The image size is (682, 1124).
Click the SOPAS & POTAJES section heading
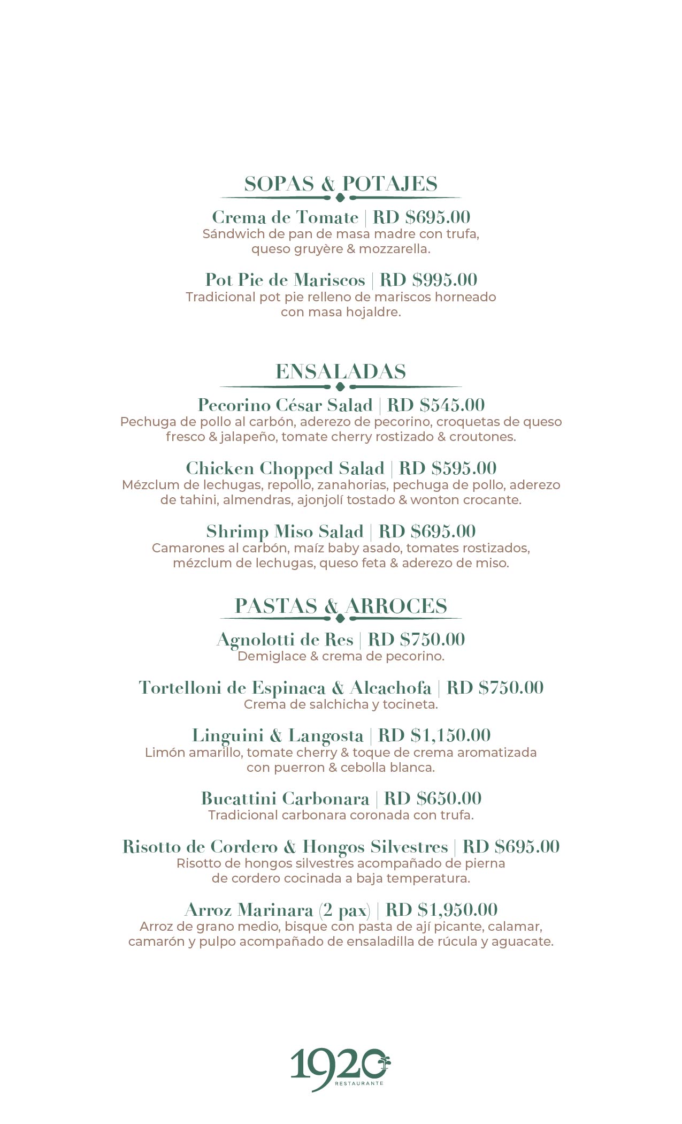[x=341, y=184]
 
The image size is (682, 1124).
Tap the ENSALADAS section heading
[x=341, y=371]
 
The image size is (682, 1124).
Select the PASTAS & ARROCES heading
[x=341, y=606]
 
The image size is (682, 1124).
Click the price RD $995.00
[x=428, y=280]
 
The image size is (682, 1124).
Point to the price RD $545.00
[x=436, y=405]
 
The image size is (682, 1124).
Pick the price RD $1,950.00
[x=441, y=910]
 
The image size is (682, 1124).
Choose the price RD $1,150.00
[x=434, y=735]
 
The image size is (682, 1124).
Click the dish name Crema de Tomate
[x=285, y=217]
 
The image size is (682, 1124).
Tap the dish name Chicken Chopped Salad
[x=285, y=468]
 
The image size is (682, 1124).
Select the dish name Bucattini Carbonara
[x=285, y=799]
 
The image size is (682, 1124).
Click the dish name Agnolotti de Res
[x=285, y=640]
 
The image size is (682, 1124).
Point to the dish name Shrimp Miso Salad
[x=285, y=531]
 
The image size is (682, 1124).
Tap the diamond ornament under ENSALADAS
[x=340, y=386]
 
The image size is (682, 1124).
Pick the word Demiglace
[x=272, y=656]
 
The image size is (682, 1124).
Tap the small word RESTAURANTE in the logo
[x=359, y=1083]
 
